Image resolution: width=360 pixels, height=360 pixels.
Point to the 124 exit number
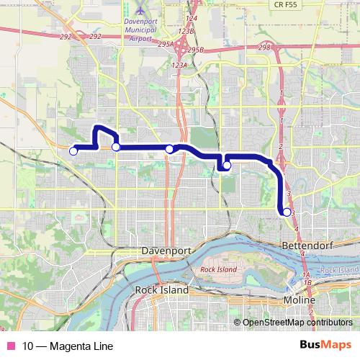click(x=191, y=17)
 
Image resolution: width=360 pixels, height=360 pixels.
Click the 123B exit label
click(x=187, y=32)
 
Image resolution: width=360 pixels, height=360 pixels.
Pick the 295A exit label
click(x=166, y=44)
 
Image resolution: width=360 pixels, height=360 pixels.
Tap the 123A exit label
click(x=180, y=65)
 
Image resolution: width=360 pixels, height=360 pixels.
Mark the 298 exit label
click(x=264, y=47)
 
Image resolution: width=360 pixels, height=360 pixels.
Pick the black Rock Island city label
click(x=162, y=289)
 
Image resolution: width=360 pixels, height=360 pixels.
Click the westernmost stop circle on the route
click(x=73, y=150)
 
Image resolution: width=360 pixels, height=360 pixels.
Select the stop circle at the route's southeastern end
click(x=287, y=212)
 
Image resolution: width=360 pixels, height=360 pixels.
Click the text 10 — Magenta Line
click(x=68, y=346)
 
